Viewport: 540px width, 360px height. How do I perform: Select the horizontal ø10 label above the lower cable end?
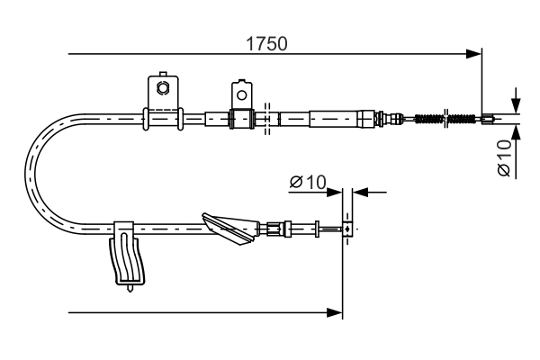[x=307, y=183]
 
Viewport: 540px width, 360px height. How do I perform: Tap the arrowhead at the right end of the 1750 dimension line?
[x=474, y=55]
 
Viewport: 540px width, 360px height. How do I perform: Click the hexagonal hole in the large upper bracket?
[x=162, y=87]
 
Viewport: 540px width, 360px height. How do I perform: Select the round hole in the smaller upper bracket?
[x=239, y=91]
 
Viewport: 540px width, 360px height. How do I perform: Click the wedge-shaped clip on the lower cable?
[x=230, y=229]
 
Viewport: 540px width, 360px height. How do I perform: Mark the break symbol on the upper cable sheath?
[x=267, y=118]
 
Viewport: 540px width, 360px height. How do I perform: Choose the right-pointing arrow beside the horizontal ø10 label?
[x=336, y=191]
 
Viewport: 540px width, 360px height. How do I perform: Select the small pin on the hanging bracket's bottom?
[x=132, y=288]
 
